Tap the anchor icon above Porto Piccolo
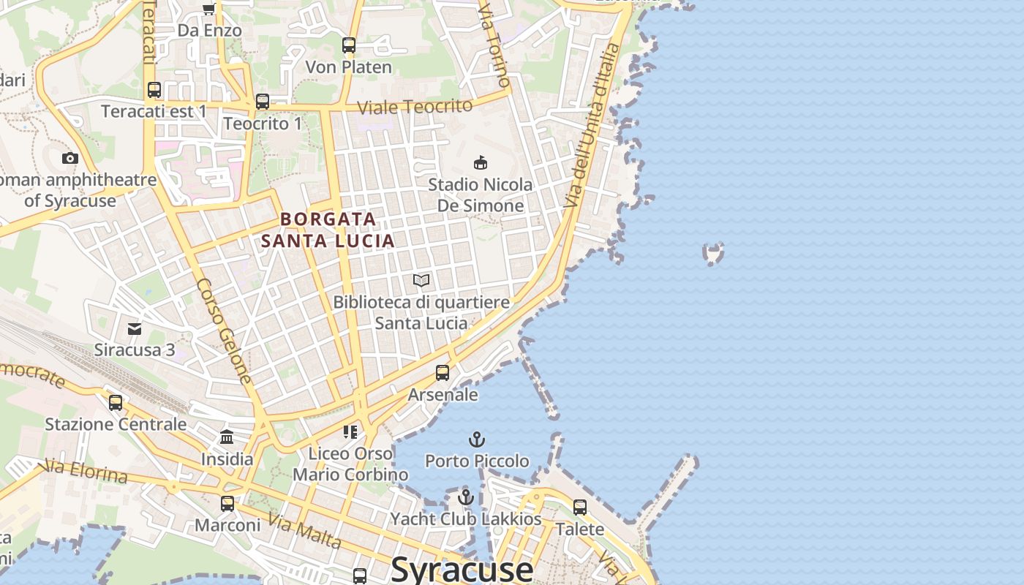[x=477, y=439]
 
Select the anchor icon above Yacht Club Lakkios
[x=466, y=497]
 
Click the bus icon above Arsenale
[x=443, y=373]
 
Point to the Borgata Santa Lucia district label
[x=328, y=230]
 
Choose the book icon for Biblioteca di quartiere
[x=421, y=280]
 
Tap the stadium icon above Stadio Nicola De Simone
[x=481, y=162]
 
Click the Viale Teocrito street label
[x=415, y=106]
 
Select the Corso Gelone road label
[x=225, y=331]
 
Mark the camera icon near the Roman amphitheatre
[x=70, y=158]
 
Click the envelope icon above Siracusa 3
[x=135, y=328]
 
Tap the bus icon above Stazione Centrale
[x=116, y=403]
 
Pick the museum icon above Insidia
[x=227, y=437]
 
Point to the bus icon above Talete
[x=580, y=507]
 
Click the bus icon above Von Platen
[x=349, y=45]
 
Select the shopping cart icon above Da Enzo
[x=208, y=9]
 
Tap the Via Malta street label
[x=304, y=531]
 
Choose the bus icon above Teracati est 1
[x=154, y=90]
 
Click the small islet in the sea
[x=713, y=253]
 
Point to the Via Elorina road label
[x=86, y=471]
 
